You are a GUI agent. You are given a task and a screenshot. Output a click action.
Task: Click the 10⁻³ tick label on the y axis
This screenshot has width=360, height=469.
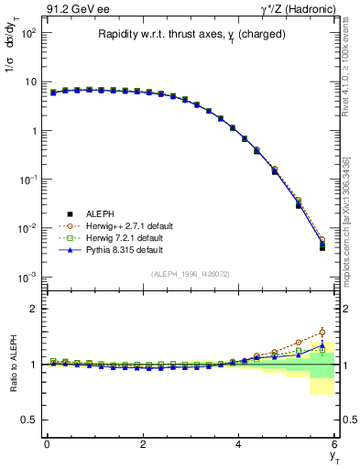coord(27,277)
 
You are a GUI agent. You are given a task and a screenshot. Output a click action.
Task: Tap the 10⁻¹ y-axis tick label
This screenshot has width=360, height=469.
coord(27,179)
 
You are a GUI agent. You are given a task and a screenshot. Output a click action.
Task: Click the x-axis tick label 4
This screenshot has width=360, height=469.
coord(238,444)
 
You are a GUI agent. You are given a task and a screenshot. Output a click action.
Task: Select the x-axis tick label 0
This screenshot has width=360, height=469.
coord(47,444)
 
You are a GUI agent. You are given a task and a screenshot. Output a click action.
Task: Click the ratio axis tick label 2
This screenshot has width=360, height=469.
coord(29,309)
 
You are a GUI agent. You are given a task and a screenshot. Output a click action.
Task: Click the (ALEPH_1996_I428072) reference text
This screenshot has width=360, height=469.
coord(190,274)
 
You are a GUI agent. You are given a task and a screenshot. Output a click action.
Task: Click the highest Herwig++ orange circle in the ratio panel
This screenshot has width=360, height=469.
coord(322,333)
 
